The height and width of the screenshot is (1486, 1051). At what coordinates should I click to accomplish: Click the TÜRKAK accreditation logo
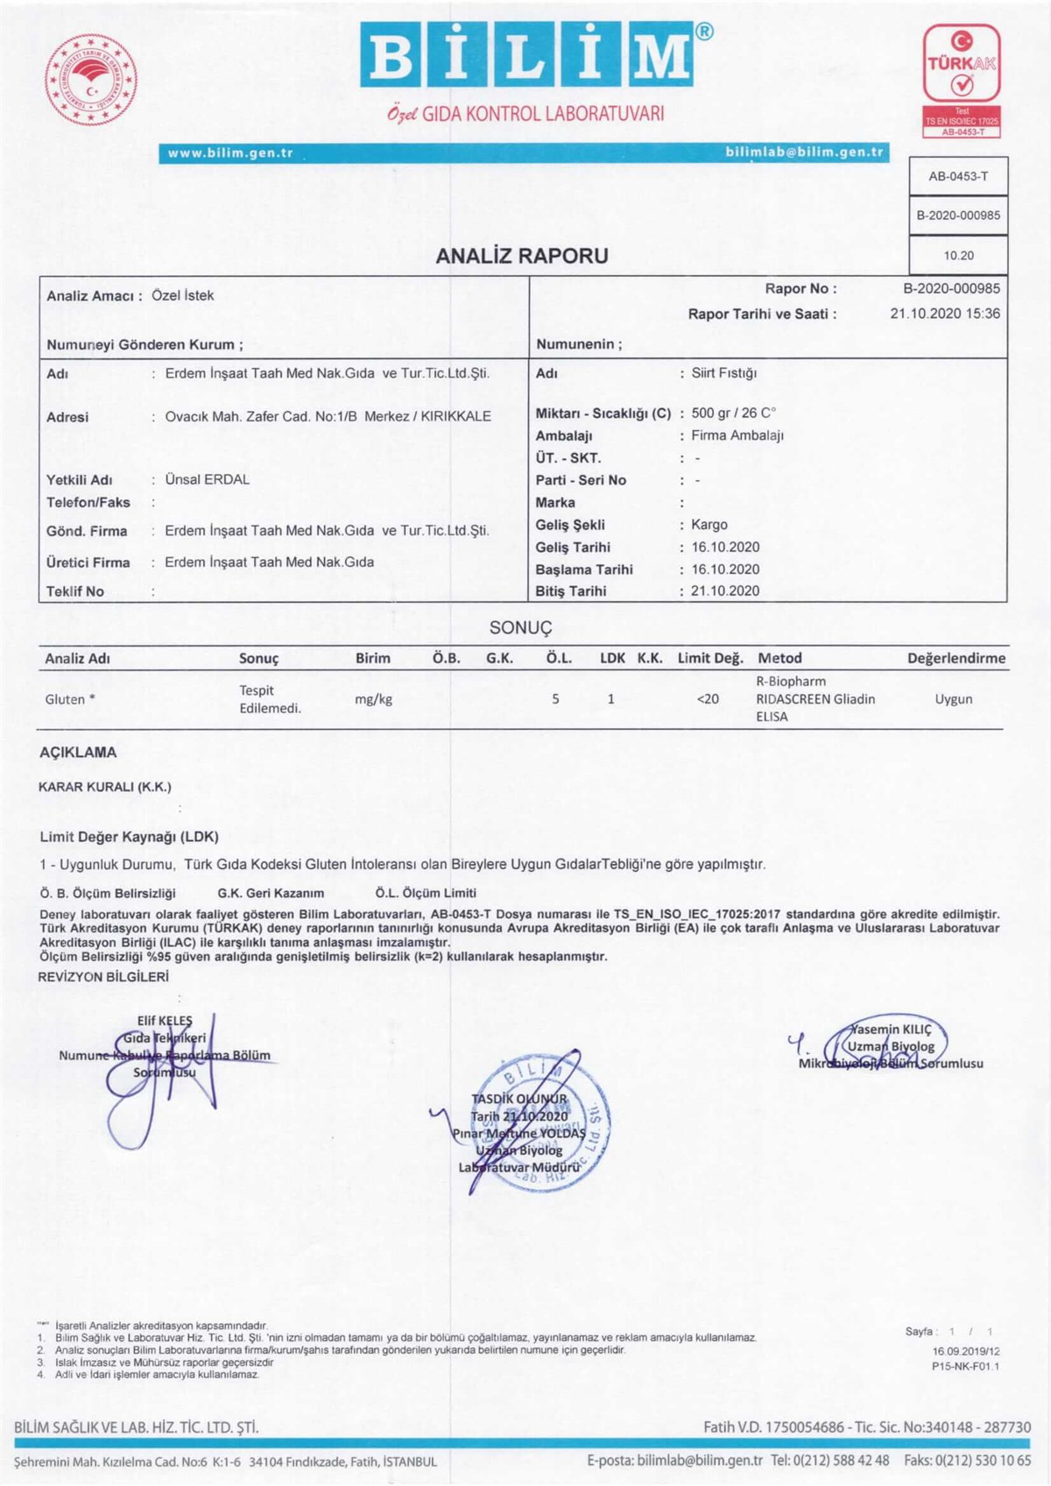(962, 80)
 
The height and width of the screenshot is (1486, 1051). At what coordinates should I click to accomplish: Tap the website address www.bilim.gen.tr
(230, 153)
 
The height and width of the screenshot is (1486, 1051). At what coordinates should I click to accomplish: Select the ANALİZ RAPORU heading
(522, 256)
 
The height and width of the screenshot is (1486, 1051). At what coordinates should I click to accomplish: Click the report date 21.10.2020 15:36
(944, 314)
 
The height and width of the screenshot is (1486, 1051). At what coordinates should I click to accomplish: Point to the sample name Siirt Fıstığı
(724, 373)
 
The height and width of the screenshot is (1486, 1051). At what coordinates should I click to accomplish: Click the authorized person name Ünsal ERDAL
(208, 480)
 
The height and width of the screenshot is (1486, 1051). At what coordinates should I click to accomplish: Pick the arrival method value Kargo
(709, 525)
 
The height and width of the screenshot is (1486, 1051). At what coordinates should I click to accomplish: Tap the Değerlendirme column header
(956, 658)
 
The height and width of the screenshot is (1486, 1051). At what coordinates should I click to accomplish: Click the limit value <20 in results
(708, 699)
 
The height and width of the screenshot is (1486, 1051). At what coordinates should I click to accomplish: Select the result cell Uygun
(953, 699)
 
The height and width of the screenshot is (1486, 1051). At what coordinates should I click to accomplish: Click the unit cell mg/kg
(373, 699)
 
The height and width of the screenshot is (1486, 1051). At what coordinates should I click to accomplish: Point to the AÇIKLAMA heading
(78, 753)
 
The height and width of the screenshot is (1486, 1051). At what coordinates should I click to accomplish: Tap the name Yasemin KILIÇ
(892, 1030)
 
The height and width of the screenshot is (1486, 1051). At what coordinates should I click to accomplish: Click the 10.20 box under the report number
(958, 256)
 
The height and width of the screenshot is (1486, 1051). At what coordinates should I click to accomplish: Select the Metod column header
(779, 658)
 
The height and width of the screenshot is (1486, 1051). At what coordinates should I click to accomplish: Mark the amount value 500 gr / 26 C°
(734, 413)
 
